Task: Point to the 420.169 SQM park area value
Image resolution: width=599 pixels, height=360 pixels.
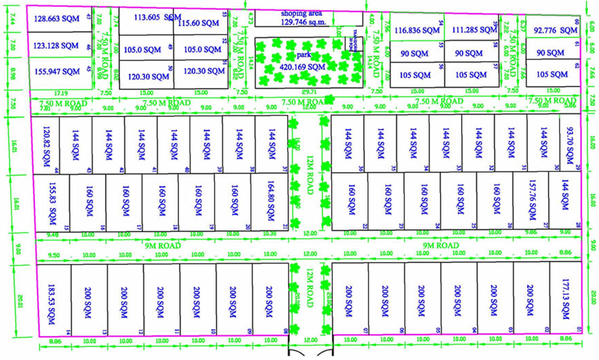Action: [302, 67]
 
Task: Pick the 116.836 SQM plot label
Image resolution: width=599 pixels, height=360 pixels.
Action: [417, 30]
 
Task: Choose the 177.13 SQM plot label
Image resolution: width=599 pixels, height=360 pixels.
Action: [566, 298]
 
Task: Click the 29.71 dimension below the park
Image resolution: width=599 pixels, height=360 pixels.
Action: [307, 91]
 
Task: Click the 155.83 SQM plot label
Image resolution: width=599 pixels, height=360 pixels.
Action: [53, 200]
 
